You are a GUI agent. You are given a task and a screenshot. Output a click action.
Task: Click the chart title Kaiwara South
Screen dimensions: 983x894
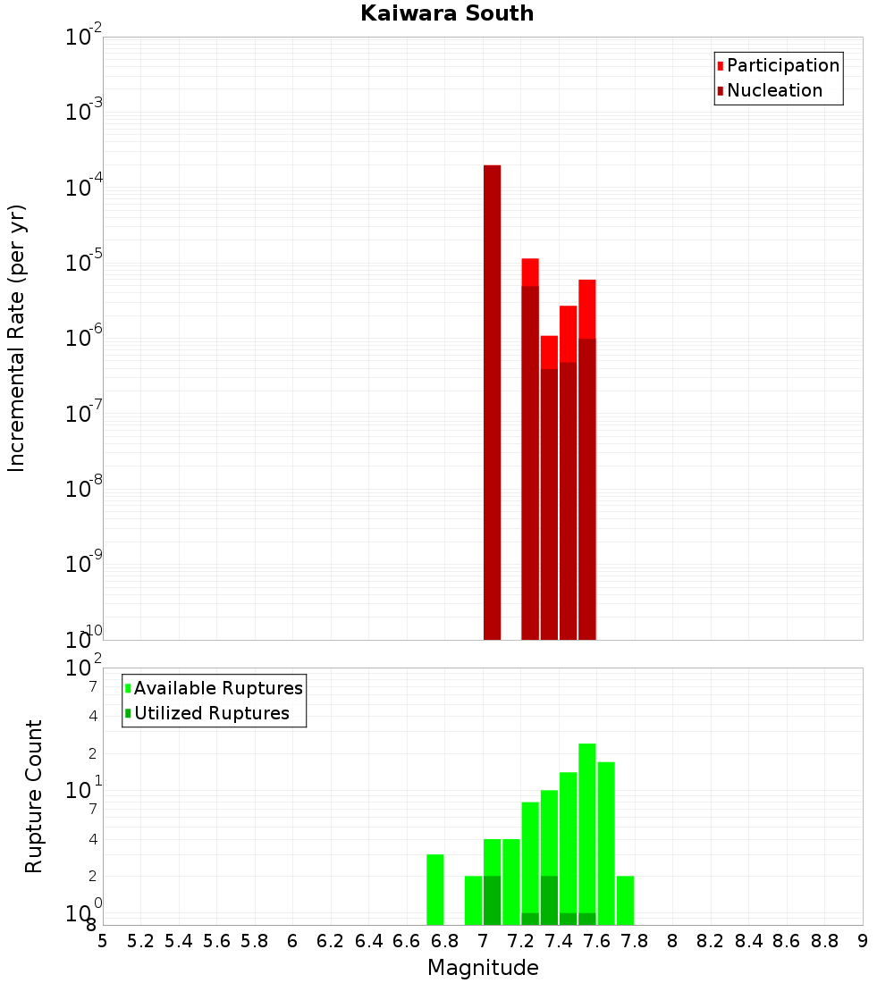[x=447, y=14]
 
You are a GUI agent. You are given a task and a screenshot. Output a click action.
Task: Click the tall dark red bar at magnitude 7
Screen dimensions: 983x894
[x=492, y=402]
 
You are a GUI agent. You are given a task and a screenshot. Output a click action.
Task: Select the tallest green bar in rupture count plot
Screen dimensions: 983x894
[x=586, y=831]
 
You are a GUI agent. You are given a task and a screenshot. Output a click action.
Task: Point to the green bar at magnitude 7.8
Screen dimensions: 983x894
[x=625, y=900]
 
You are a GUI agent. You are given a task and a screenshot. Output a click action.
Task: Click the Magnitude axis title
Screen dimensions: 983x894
[x=483, y=968]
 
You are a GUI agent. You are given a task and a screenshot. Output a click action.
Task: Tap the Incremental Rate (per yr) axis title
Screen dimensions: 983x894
[x=17, y=339]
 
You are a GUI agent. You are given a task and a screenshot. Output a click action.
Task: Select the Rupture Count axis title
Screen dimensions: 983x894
[x=34, y=796]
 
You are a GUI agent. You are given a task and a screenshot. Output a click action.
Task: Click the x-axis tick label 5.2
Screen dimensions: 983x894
[x=140, y=942]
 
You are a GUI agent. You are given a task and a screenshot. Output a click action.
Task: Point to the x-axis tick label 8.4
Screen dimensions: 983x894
[x=749, y=942]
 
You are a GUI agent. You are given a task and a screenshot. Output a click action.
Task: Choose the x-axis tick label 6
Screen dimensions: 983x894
[x=292, y=942]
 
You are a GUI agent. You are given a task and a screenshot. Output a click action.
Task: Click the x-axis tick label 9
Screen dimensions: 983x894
[x=863, y=942]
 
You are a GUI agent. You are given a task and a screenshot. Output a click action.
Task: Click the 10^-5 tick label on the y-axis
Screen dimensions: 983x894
[x=84, y=264]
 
